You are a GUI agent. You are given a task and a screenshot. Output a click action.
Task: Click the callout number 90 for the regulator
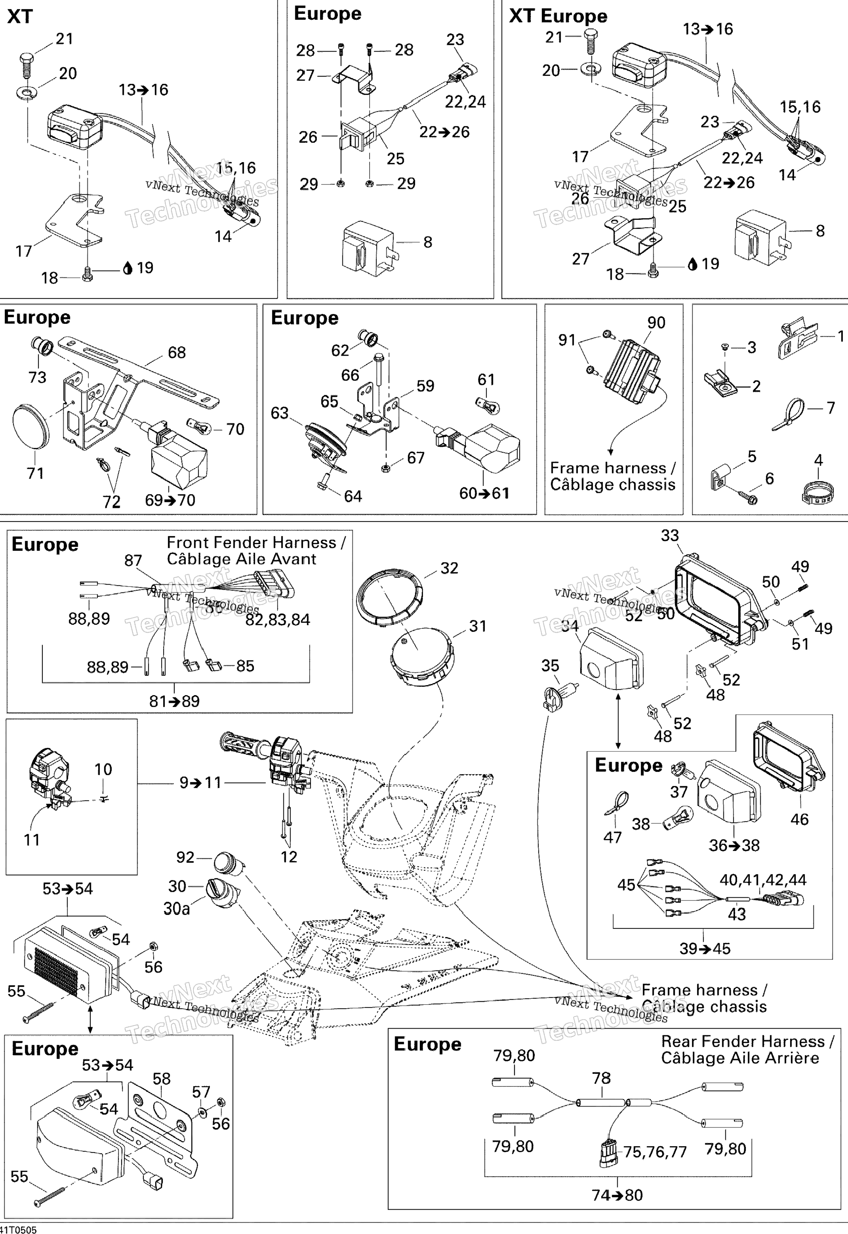[656, 323]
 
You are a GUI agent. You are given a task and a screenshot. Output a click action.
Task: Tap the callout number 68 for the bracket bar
[177, 352]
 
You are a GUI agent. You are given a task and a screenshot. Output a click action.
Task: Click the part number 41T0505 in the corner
[19, 1229]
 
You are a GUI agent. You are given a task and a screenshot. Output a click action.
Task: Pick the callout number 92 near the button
[186, 857]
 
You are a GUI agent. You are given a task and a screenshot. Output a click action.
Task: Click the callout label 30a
[177, 909]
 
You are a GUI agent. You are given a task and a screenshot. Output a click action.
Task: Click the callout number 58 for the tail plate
[162, 1079]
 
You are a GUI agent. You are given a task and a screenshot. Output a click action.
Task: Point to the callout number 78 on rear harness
[602, 1078]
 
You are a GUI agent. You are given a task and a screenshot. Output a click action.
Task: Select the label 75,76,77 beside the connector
[655, 1152]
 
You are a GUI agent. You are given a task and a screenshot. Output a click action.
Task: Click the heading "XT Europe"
[558, 16]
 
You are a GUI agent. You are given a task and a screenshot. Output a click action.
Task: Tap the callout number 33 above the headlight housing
[670, 535]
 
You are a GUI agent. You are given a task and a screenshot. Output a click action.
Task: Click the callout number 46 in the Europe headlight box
[799, 819]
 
